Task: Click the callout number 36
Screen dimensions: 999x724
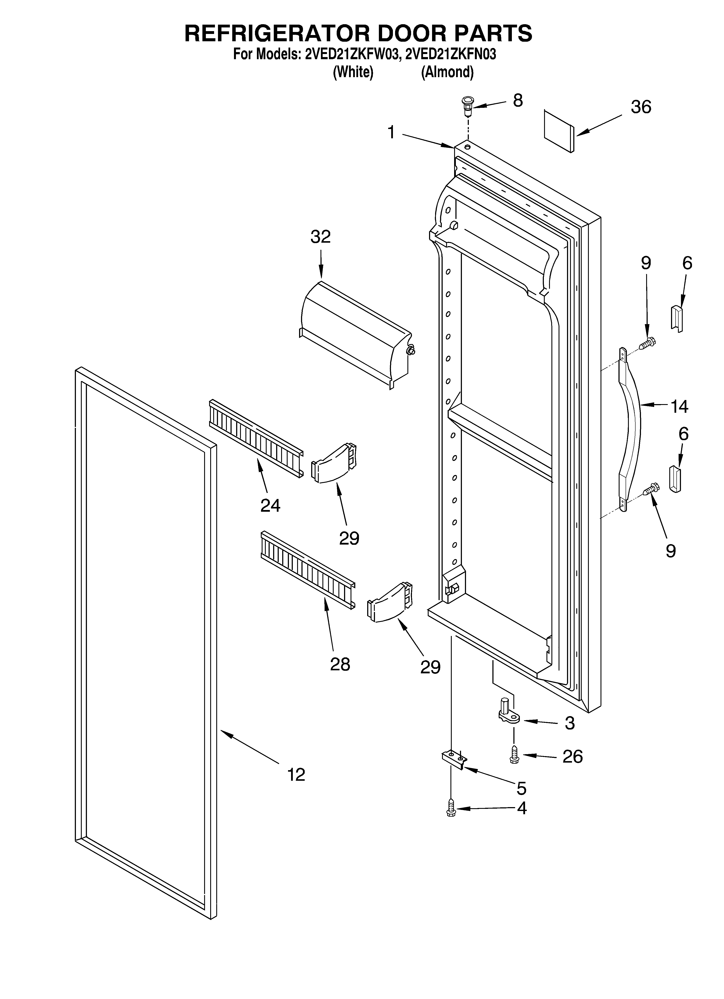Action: pos(641,107)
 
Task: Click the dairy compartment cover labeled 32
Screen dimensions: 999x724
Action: pos(357,334)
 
